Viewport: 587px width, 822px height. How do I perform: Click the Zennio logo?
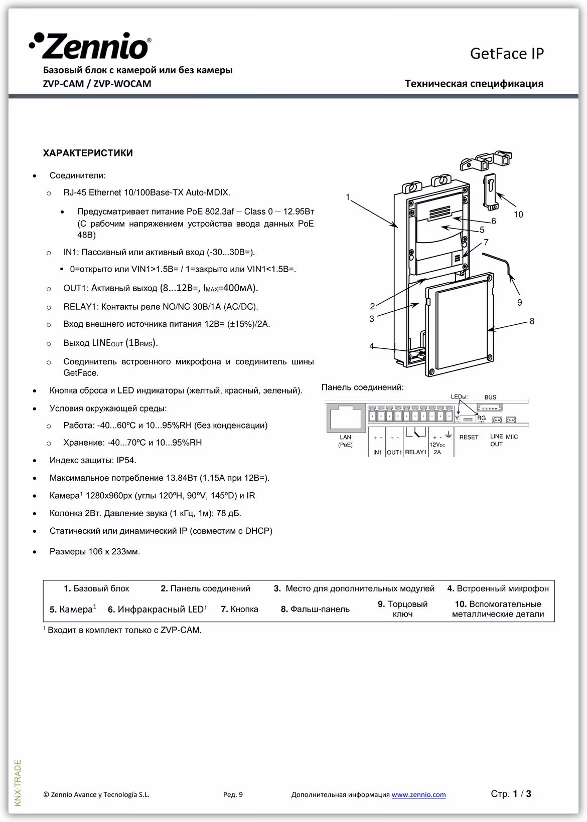coord(90,46)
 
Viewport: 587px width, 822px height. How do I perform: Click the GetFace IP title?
coord(507,54)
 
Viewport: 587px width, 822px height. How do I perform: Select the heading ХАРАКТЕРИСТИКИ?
coord(88,153)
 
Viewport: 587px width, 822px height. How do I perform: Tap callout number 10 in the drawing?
coord(518,215)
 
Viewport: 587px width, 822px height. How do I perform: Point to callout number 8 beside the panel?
coord(532,321)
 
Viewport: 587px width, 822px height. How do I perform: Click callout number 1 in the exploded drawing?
coord(348,197)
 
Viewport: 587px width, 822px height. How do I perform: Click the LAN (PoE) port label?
coord(345,441)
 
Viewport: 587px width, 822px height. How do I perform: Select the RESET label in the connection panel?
coord(469,437)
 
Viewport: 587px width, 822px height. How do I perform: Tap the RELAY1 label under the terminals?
coord(415,452)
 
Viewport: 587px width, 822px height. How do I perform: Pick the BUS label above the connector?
coord(490,397)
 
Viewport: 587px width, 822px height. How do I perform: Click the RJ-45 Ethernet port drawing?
coord(346,417)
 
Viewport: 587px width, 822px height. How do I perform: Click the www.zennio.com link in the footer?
coord(418,794)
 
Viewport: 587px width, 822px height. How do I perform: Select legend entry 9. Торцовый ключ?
coord(402,609)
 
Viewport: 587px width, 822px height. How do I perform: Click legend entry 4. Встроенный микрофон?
coord(498,588)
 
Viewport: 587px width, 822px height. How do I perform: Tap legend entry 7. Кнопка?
coord(239,609)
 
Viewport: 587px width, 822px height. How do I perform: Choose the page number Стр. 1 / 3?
coord(511,794)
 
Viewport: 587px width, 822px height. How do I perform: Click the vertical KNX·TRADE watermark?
coord(18,783)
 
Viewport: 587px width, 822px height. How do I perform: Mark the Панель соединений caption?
coord(362,387)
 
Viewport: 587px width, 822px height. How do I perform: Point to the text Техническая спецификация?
coord(474,84)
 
